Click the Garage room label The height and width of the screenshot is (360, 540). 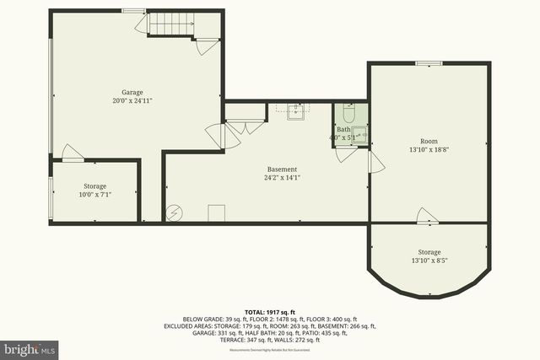(131, 92)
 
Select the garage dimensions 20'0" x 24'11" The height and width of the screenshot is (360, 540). (131, 100)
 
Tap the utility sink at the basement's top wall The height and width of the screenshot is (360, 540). (296, 110)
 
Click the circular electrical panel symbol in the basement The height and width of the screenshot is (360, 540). (175, 213)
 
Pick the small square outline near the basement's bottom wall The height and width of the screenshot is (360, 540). (217, 212)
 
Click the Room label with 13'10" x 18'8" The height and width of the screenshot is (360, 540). (429, 141)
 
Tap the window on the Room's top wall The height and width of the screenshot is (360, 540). (429, 62)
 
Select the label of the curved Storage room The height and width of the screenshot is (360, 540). (429, 252)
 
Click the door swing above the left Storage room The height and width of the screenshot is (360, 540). (73, 153)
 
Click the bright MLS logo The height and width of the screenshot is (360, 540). (30, 347)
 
